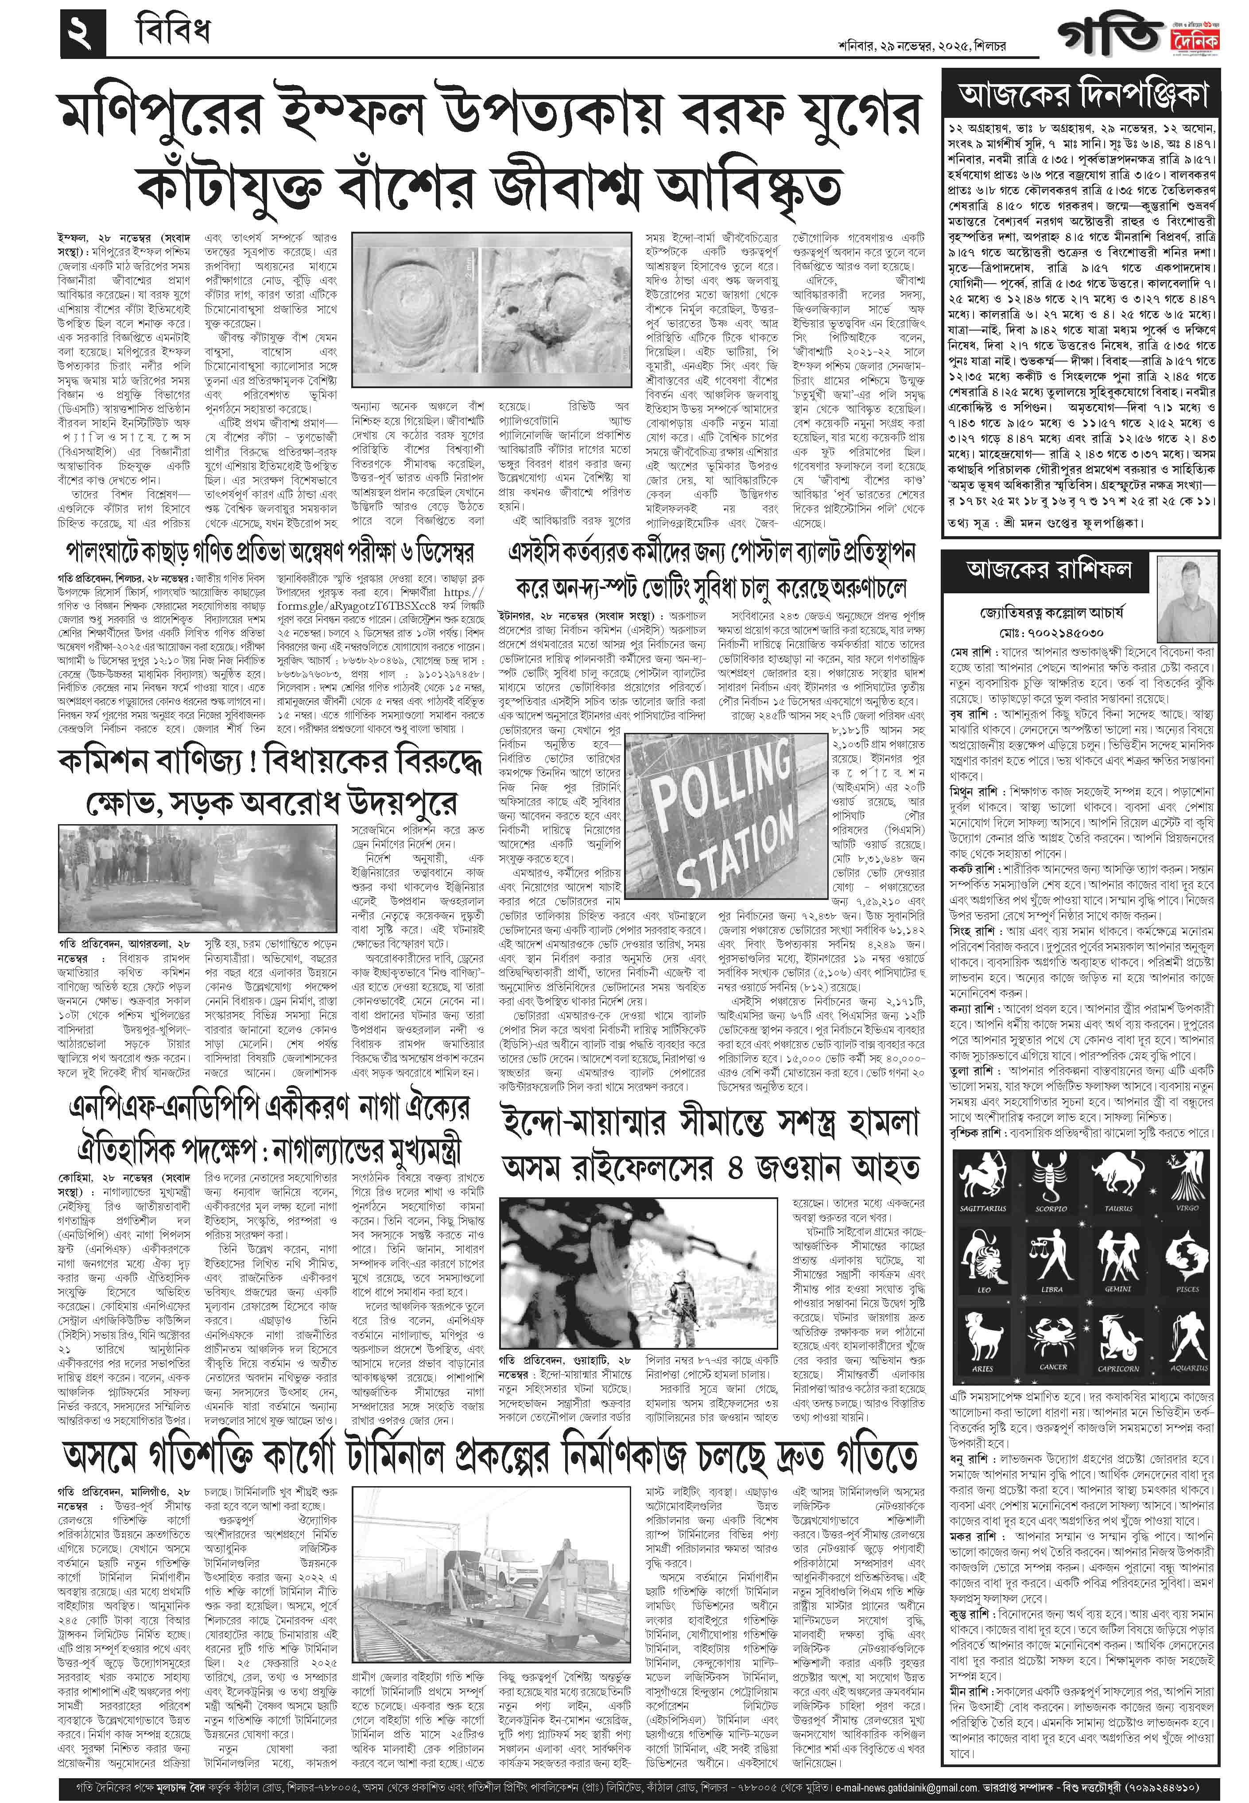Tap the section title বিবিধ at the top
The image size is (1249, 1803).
coord(171,33)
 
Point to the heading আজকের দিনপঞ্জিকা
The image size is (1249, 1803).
coord(1082,96)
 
